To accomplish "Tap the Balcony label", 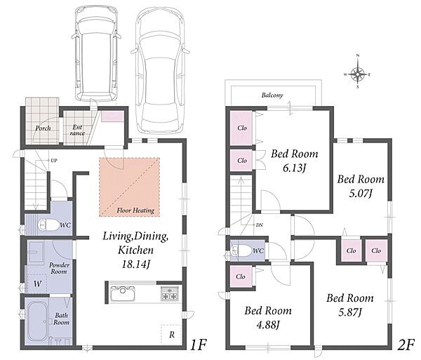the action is [x=272, y=95].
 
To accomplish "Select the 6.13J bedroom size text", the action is [x=294, y=168].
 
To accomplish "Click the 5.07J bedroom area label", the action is [x=360, y=193].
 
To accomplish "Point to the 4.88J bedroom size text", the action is [x=268, y=325].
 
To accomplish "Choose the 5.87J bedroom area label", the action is [x=350, y=312].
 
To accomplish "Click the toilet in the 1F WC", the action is [x=48, y=225].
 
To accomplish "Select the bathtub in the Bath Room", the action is [x=38, y=321].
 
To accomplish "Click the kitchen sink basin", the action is [x=123, y=293].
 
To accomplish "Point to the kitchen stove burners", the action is [x=169, y=293].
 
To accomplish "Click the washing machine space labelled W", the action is [x=37, y=284].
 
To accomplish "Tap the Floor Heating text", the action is [x=135, y=211].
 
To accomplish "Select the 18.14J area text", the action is [x=135, y=265].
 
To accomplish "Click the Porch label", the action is [x=43, y=128].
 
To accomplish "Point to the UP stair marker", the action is [x=54, y=161].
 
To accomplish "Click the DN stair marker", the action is [x=260, y=225].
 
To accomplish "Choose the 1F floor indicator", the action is [x=199, y=345].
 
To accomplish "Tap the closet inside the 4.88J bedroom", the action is [x=241, y=276].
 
